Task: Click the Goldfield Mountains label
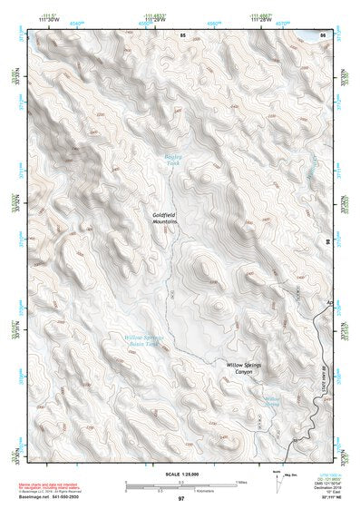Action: pos(164,218)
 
